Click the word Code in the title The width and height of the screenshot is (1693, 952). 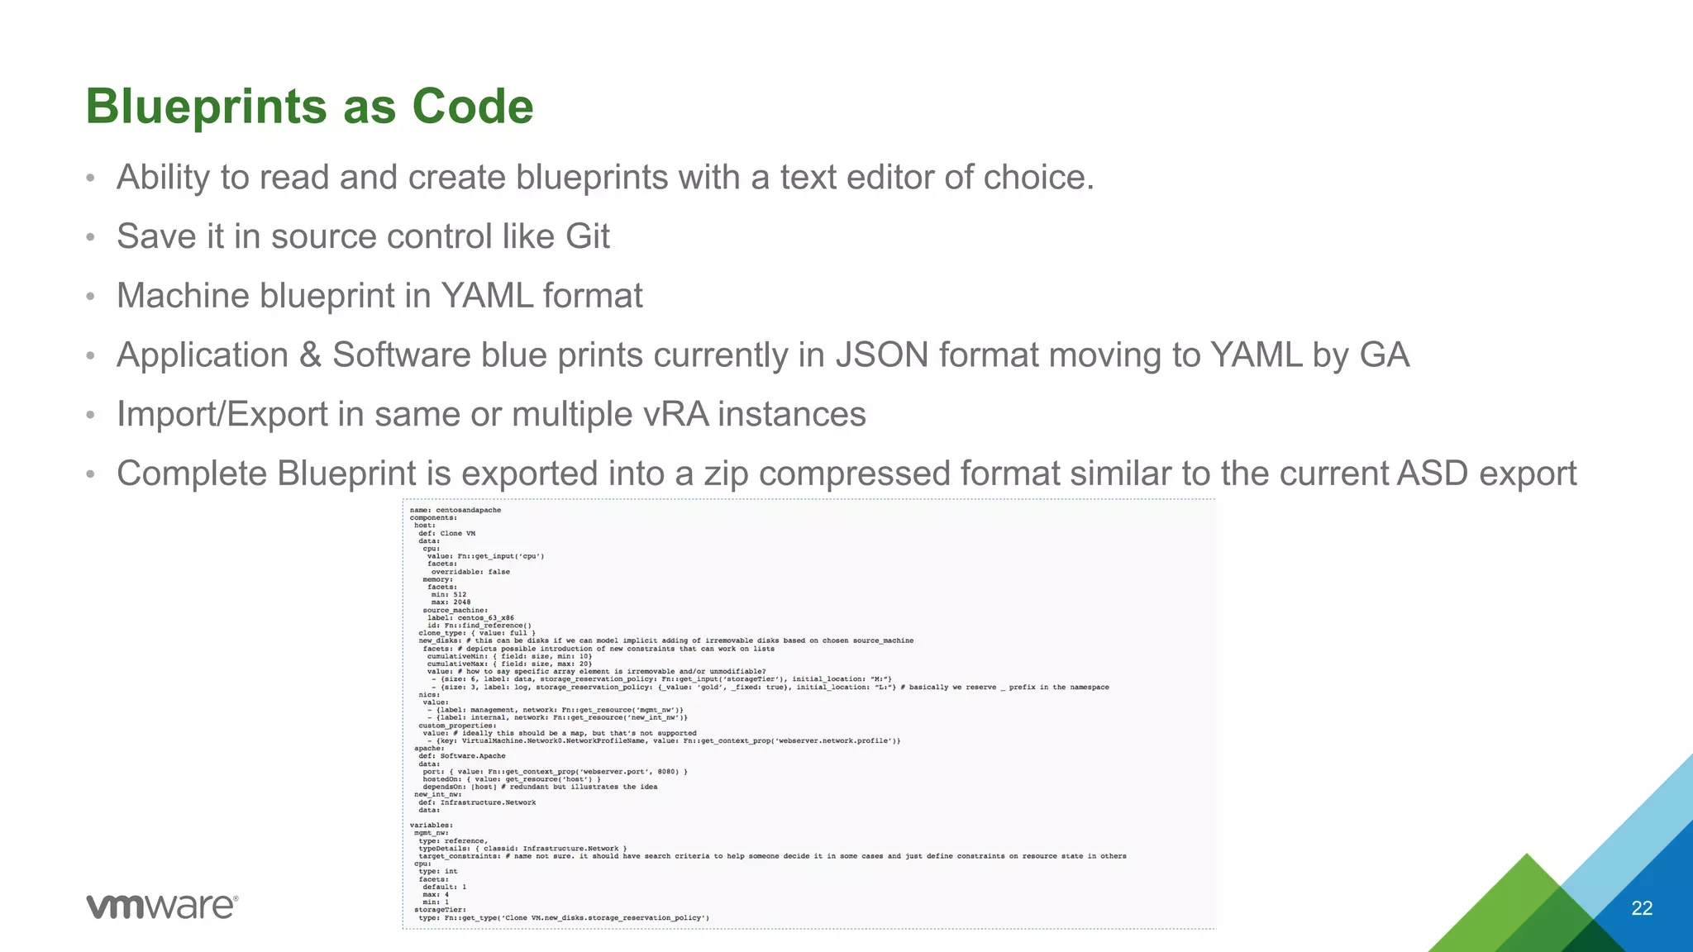(x=472, y=107)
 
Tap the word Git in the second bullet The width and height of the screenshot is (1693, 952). (x=587, y=236)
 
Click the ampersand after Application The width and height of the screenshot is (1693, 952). (x=310, y=355)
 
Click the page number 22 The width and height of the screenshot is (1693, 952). (x=1642, y=908)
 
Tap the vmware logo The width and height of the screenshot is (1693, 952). (x=162, y=906)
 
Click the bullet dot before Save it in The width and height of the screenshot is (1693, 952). (x=91, y=237)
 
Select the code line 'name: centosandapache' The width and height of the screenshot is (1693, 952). (x=455, y=510)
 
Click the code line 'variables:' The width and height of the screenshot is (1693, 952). (x=432, y=825)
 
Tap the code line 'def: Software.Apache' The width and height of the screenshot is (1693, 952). (x=461, y=755)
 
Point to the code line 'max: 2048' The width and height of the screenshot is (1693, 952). (x=451, y=602)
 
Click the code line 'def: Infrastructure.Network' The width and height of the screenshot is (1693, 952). (x=477, y=802)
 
